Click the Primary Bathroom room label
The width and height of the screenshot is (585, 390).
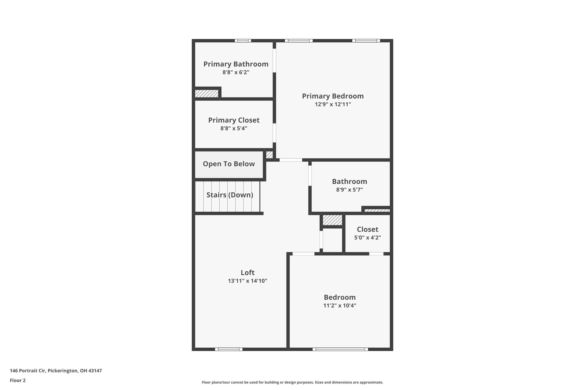pyautogui.click(x=236, y=64)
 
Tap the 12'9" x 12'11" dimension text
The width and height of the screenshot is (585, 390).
pyautogui.click(x=333, y=104)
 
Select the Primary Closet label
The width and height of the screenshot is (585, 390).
pyautogui.click(x=234, y=120)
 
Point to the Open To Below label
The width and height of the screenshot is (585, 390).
pyautogui.click(x=229, y=164)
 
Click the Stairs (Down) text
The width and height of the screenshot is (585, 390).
pyautogui.click(x=230, y=195)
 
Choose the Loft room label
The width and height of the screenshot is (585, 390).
pyautogui.click(x=247, y=273)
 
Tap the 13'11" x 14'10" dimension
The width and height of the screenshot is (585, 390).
pyautogui.click(x=247, y=281)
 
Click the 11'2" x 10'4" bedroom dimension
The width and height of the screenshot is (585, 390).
pyautogui.click(x=340, y=306)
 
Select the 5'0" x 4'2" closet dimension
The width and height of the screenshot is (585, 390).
pyautogui.click(x=367, y=238)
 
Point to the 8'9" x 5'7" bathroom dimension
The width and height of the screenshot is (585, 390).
pyautogui.click(x=349, y=190)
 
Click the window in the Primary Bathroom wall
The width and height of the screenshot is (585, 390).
pyautogui.click(x=243, y=41)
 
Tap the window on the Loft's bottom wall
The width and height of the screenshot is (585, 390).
pyautogui.click(x=229, y=349)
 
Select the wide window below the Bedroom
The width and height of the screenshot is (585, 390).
pyautogui.click(x=340, y=349)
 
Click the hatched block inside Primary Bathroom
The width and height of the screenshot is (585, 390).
pyautogui.click(x=207, y=93)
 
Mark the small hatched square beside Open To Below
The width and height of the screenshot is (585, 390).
pyautogui.click(x=269, y=155)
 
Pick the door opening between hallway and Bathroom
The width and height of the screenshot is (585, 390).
pyautogui.click(x=310, y=175)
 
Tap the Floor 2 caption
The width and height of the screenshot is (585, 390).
pyautogui.click(x=18, y=380)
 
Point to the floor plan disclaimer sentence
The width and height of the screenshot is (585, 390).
pyautogui.click(x=292, y=382)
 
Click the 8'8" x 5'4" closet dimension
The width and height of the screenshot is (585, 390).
pyautogui.click(x=234, y=128)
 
